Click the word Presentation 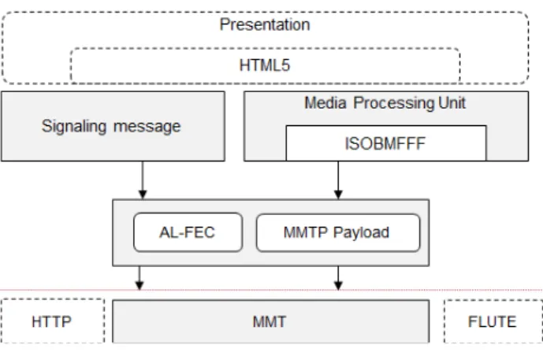(x=265, y=24)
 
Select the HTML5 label (x=265, y=65)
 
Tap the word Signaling (x=74, y=126)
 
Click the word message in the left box (x=147, y=126)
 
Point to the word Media (x=325, y=103)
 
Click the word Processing (x=394, y=103)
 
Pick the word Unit (x=452, y=103)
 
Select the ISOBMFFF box (x=386, y=143)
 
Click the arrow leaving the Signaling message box (x=143, y=180)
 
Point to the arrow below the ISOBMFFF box (x=338, y=180)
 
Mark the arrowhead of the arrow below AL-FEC (x=139, y=285)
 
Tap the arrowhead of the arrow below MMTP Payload (x=338, y=285)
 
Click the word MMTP (x=306, y=232)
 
